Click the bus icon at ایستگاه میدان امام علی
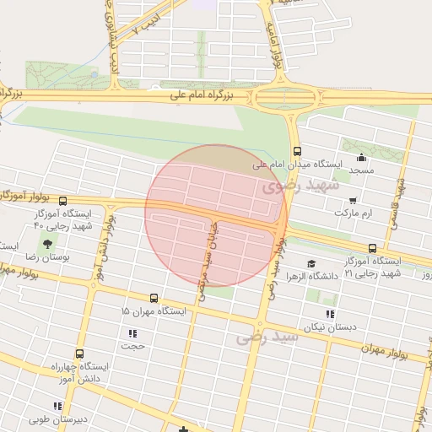pos(297,152)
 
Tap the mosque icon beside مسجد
pos(362,157)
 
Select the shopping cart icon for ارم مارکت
pos(352,201)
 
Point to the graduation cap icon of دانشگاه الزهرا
pos(311,264)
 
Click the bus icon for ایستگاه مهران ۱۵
pos(154,298)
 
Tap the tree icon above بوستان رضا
pos(46,244)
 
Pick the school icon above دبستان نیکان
pos(330,314)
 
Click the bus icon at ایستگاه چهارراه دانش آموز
pos(79,354)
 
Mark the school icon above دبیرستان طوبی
pos(57,407)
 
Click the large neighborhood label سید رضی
pos(267,337)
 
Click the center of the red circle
pos(216,216)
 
